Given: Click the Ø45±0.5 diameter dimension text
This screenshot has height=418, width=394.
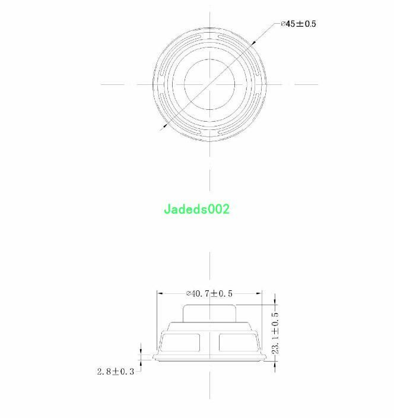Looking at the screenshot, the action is pos(298,24).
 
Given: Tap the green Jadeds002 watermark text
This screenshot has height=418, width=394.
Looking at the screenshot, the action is pos(196,209).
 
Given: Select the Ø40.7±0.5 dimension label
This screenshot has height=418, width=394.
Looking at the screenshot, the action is pos(209,293).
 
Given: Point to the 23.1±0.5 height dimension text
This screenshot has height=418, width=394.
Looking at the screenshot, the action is pos(275,333).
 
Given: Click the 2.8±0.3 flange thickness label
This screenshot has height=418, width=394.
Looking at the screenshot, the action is pos(116,371).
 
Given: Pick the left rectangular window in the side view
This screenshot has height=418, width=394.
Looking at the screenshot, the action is pos(180,342).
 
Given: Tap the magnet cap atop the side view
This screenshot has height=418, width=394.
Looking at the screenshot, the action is pos(209,313).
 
